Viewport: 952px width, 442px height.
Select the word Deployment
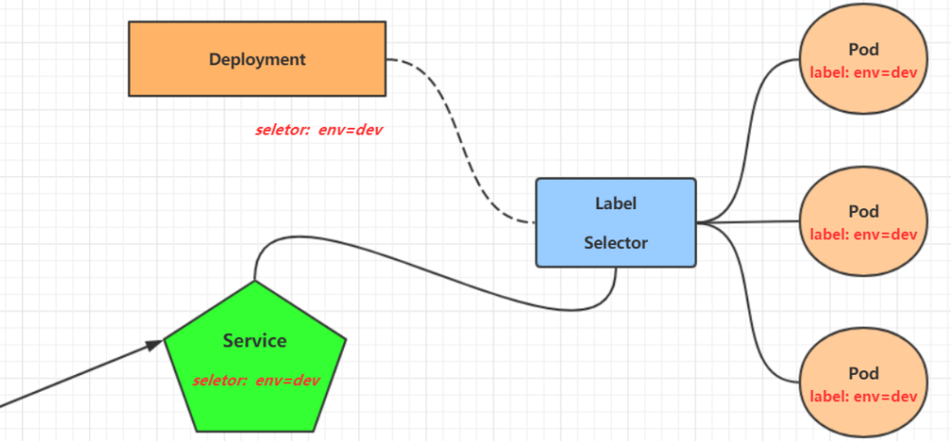tap(258, 59)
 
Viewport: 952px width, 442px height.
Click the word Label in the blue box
tap(616, 203)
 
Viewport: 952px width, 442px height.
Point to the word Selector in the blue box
tap(616, 242)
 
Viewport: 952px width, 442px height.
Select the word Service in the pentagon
tap(255, 340)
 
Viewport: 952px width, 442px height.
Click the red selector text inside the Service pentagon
tap(256, 380)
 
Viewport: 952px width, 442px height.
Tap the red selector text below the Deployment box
tap(318, 130)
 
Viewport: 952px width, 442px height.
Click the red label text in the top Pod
tap(863, 72)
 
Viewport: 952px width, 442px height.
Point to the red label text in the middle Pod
tap(863, 234)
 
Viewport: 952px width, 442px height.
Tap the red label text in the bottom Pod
tap(863, 396)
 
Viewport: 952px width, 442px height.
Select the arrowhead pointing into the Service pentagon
tap(155, 346)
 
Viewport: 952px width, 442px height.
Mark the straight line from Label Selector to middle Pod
tap(748, 222)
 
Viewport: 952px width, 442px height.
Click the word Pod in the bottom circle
tap(863, 373)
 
